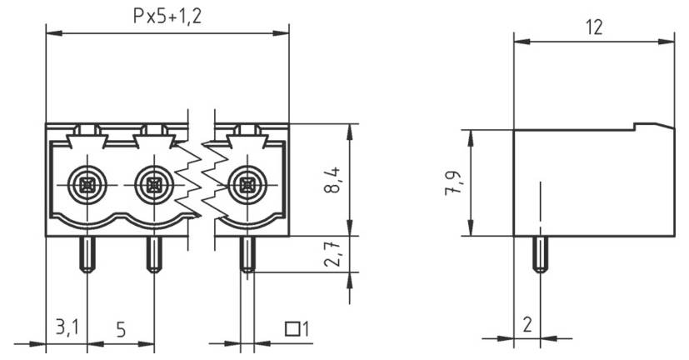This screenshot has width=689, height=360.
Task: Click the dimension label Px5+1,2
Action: pos(167,16)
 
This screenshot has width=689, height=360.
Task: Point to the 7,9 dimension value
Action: pos(451,182)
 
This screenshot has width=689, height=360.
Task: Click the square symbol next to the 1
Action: pos(292,328)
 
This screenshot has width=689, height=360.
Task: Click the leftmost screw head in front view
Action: pos(87,182)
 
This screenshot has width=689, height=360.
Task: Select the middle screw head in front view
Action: pos(152,182)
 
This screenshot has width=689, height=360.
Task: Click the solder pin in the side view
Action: pos(540,253)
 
